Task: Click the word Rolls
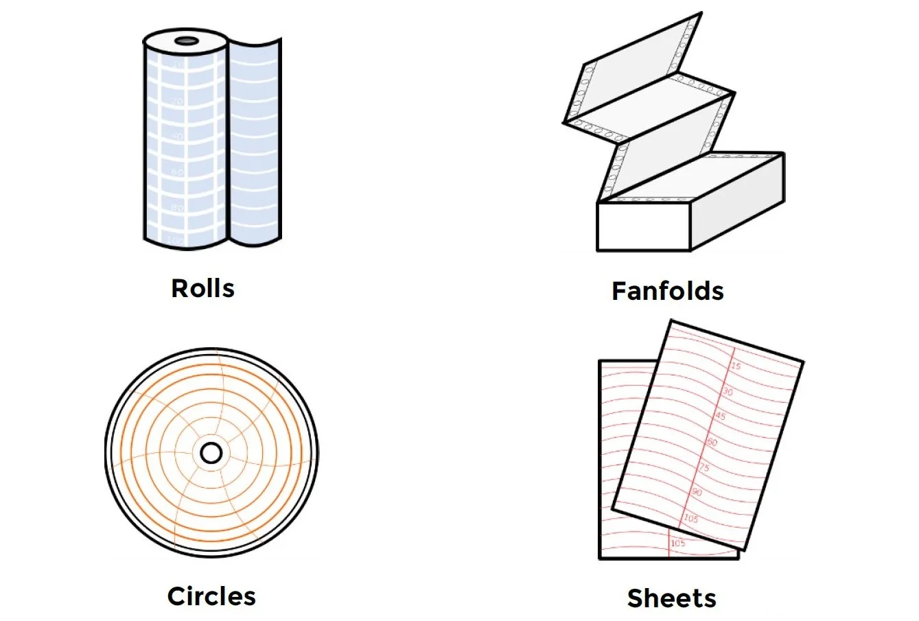(x=202, y=288)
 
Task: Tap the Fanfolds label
(x=667, y=291)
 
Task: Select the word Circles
(x=211, y=596)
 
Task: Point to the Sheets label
(x=671, y=598)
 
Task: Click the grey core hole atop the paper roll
(x=185, y=41)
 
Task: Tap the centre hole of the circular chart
(x=211, y=453)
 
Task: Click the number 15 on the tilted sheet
(x=735, y=366)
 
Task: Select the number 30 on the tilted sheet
(x=728, y=392)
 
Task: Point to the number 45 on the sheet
(x=720, y=417)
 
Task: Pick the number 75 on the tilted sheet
(x=704, y=467)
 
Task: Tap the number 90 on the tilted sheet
(x=697, y=492)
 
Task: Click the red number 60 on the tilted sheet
(x=712, y=443)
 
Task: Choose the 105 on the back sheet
(x=677, y=543)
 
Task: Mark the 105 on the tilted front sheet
(x=690, y=519)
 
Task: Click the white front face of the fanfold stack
(x=643, y=226)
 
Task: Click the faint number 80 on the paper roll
(x=177, y=207)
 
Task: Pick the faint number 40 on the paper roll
(x=177, y=137)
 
